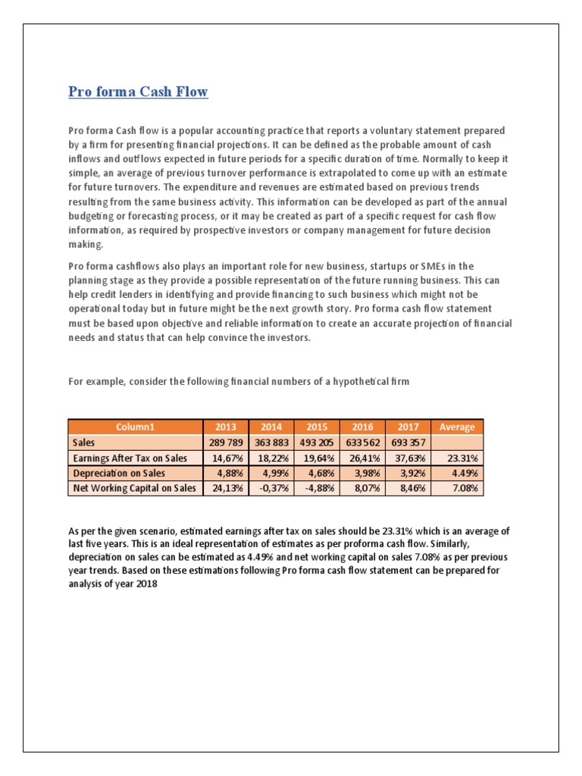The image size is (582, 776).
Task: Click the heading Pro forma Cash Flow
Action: point(138,92)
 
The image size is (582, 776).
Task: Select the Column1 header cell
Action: point(135,427)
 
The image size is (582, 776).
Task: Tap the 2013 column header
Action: point(226,427)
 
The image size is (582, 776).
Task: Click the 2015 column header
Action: point(318,427)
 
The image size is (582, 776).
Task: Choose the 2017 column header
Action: point(408,427)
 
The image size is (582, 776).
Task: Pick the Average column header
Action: point(457,427)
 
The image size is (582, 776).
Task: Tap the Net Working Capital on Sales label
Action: point(133,488)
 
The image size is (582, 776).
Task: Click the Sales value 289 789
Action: point(226,443)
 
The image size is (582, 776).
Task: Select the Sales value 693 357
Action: point(408,443)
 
